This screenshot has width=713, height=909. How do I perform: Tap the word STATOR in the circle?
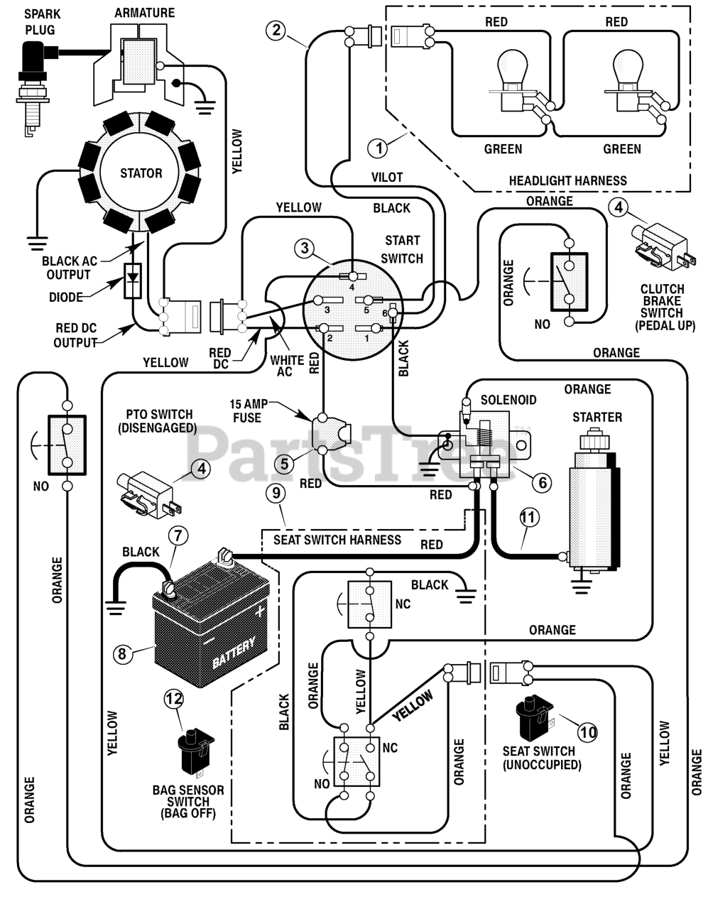click(141, 173)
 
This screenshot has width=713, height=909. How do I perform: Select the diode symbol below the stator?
click(133, 281)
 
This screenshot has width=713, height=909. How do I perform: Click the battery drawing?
click(212, 620)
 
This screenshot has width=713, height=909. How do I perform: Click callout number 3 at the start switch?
click(305, 248)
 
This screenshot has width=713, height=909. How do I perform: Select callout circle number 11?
click(529, 518)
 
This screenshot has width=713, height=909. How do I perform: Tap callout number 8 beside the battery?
click(122, 654)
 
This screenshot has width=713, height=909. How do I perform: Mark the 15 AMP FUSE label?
click(248, 410)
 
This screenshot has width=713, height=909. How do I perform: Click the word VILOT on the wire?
click(387, 177)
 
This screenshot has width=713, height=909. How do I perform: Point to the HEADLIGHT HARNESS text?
click(568, 180)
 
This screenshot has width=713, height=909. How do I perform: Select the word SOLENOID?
click(508, 400)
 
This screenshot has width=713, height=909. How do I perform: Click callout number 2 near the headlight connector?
click(276, 30)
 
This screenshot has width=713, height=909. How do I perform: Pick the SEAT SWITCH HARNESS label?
click(337, 540)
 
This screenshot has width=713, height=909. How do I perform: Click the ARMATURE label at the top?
click(145, 13)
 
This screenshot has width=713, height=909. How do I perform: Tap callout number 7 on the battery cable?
click(178, 535)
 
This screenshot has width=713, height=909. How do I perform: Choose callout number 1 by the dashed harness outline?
click(379, 148)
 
